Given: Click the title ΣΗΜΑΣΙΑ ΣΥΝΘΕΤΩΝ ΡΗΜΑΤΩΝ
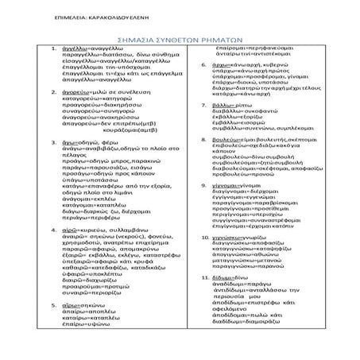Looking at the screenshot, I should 179,36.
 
